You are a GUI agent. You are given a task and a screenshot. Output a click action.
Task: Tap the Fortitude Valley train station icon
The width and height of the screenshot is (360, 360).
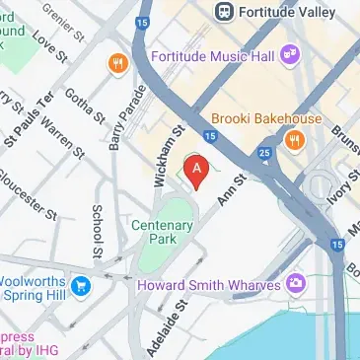click(x=224, y=11)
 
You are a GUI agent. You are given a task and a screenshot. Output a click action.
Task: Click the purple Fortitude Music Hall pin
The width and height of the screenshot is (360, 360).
click(x=290, y=52)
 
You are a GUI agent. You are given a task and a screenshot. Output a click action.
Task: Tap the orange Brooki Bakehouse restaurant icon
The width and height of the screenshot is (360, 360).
click(x=293, y=140)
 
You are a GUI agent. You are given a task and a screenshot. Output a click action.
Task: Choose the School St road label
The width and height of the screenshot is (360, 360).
click(x=98, y=231)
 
